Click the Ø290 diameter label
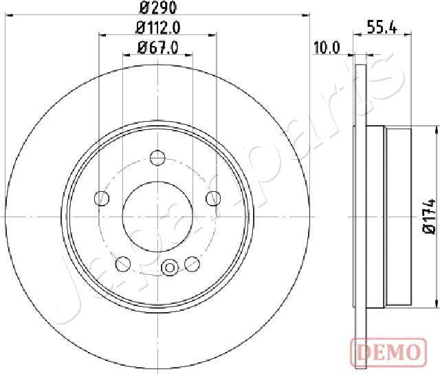click(157, 9)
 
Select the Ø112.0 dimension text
click(157, 28)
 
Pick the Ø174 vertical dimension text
click(430, 216)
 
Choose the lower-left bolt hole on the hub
click(124, 263)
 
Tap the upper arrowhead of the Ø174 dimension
click(437, 131)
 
